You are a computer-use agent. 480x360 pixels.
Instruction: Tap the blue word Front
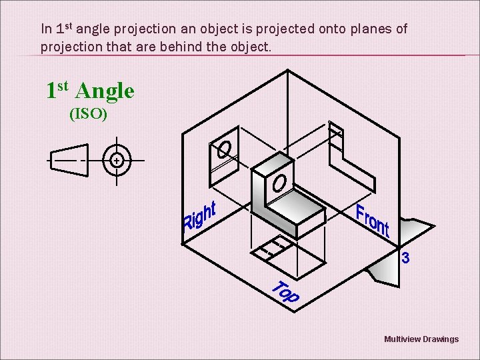(372, 221)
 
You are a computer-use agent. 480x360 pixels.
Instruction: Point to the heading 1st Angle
(90, 91)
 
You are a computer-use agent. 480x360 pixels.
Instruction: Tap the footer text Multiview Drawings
(421, 339)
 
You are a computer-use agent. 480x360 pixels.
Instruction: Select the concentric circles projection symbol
(117, 161)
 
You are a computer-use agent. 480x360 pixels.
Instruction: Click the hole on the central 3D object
(280, 181)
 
